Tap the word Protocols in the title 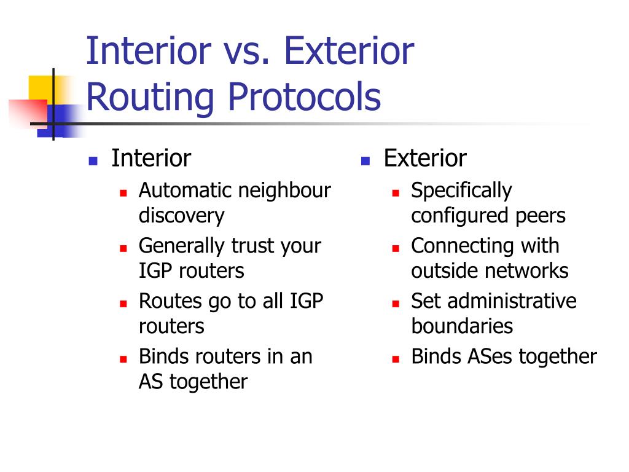(x=305, y=98)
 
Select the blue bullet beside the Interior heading (x=93, y=161)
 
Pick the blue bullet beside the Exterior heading (x=365, y=161)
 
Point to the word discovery (x=182, y=216)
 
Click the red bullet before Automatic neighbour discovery (x=123, y=193)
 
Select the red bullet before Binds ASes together (x=396, y=359)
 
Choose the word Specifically (x=462, y=191)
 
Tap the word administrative (x=512, y=301)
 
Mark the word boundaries (x=462, y=326)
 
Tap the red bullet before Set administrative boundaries (x=396, y=304)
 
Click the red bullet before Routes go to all (x=123, y=304)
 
